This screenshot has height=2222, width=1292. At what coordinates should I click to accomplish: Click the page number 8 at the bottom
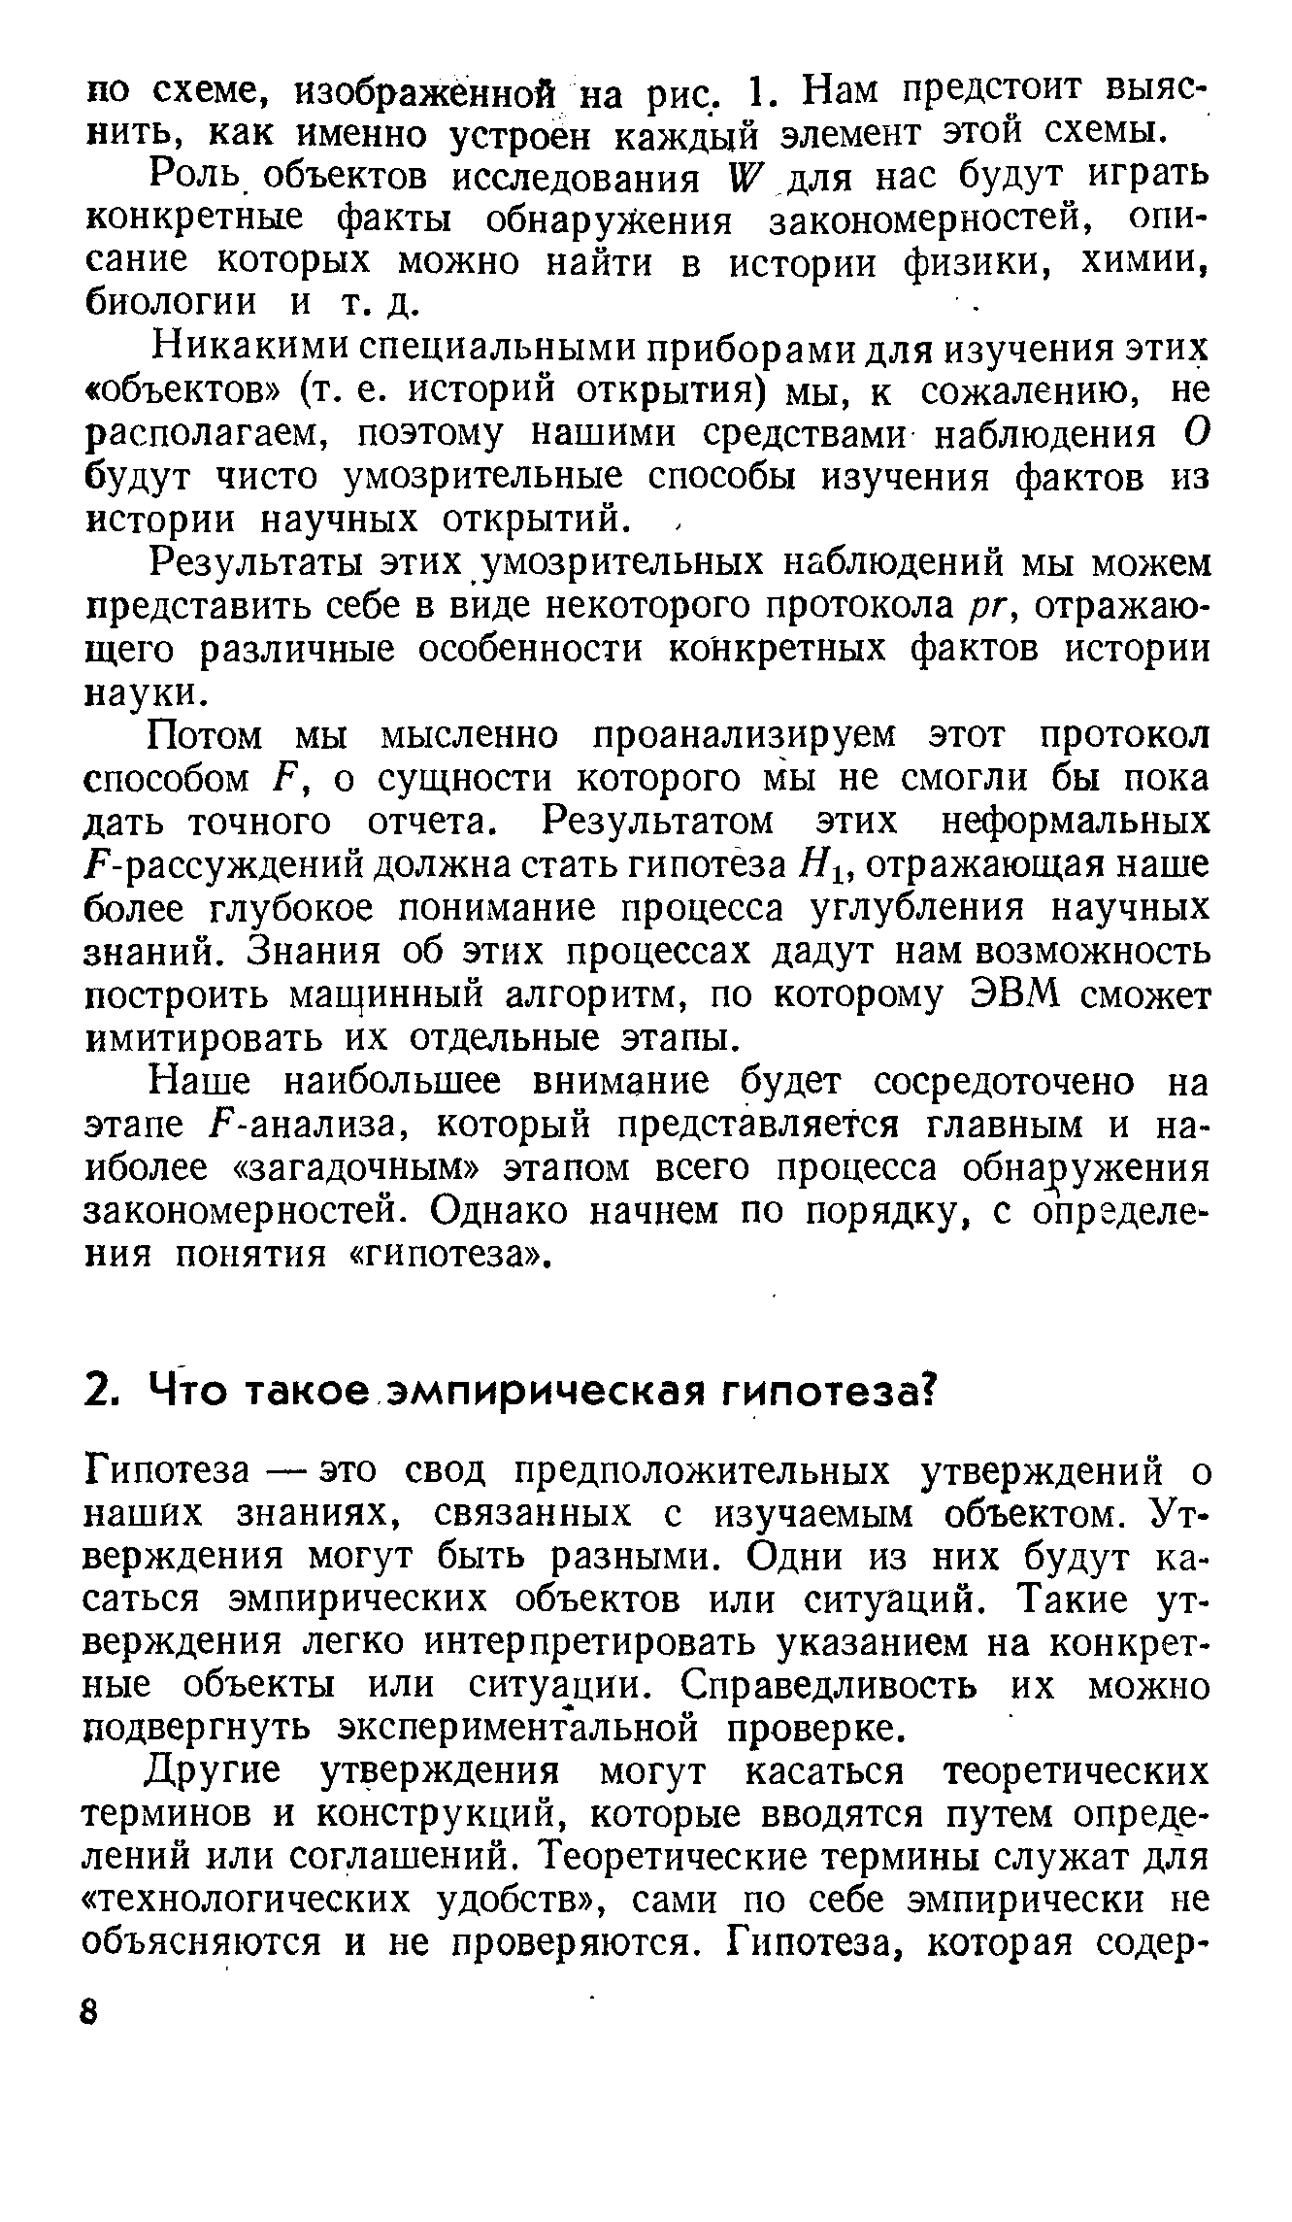coord(91,2010)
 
